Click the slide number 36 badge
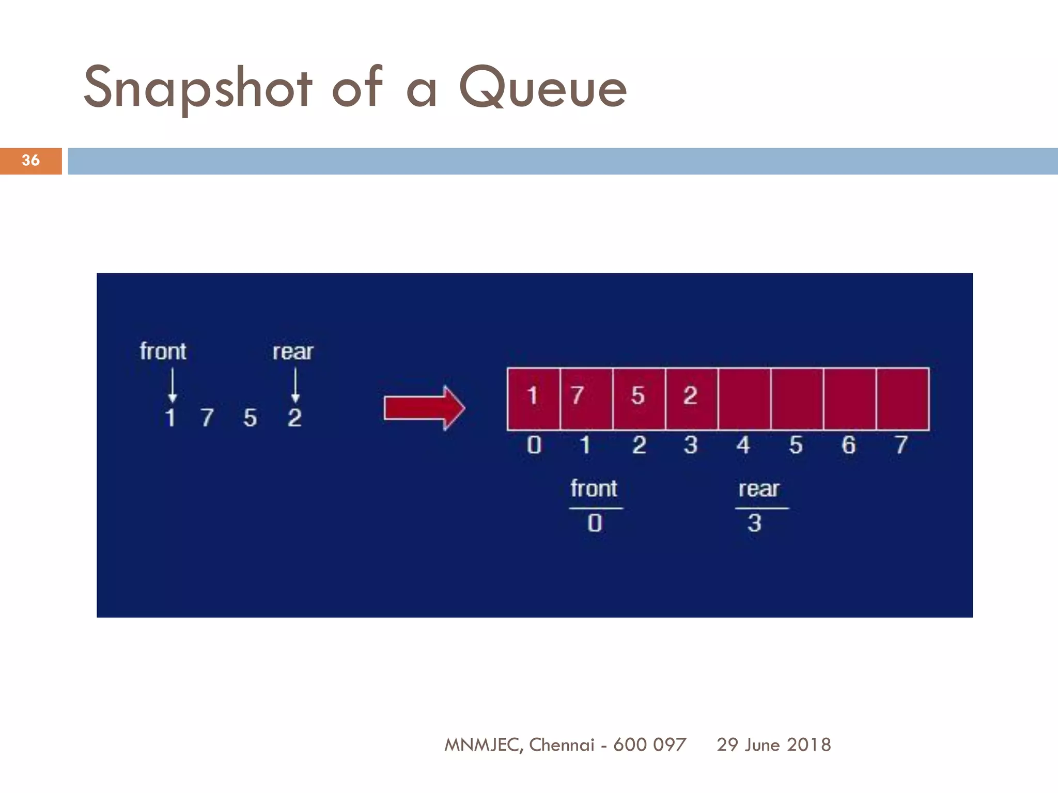tap(30, 161)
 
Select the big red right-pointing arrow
tap(424, 408)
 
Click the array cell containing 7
tap(586, 398)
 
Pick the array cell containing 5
tap(639, 398)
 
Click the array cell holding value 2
tap(691, 398)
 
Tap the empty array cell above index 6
tap(849, 398)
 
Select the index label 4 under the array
tap(743, 445)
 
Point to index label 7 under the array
tap(901, 445)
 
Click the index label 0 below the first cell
tap(534, 445)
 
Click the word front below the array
tap(594, 488)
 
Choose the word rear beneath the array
tap(758, 489)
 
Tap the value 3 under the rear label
tap(754, 524)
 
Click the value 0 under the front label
tap(595, 524)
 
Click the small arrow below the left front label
tap(173, 385)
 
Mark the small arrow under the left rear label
tap(295, 385)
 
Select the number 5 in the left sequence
tap(250, 418)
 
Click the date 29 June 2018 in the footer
tap(773, 744)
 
